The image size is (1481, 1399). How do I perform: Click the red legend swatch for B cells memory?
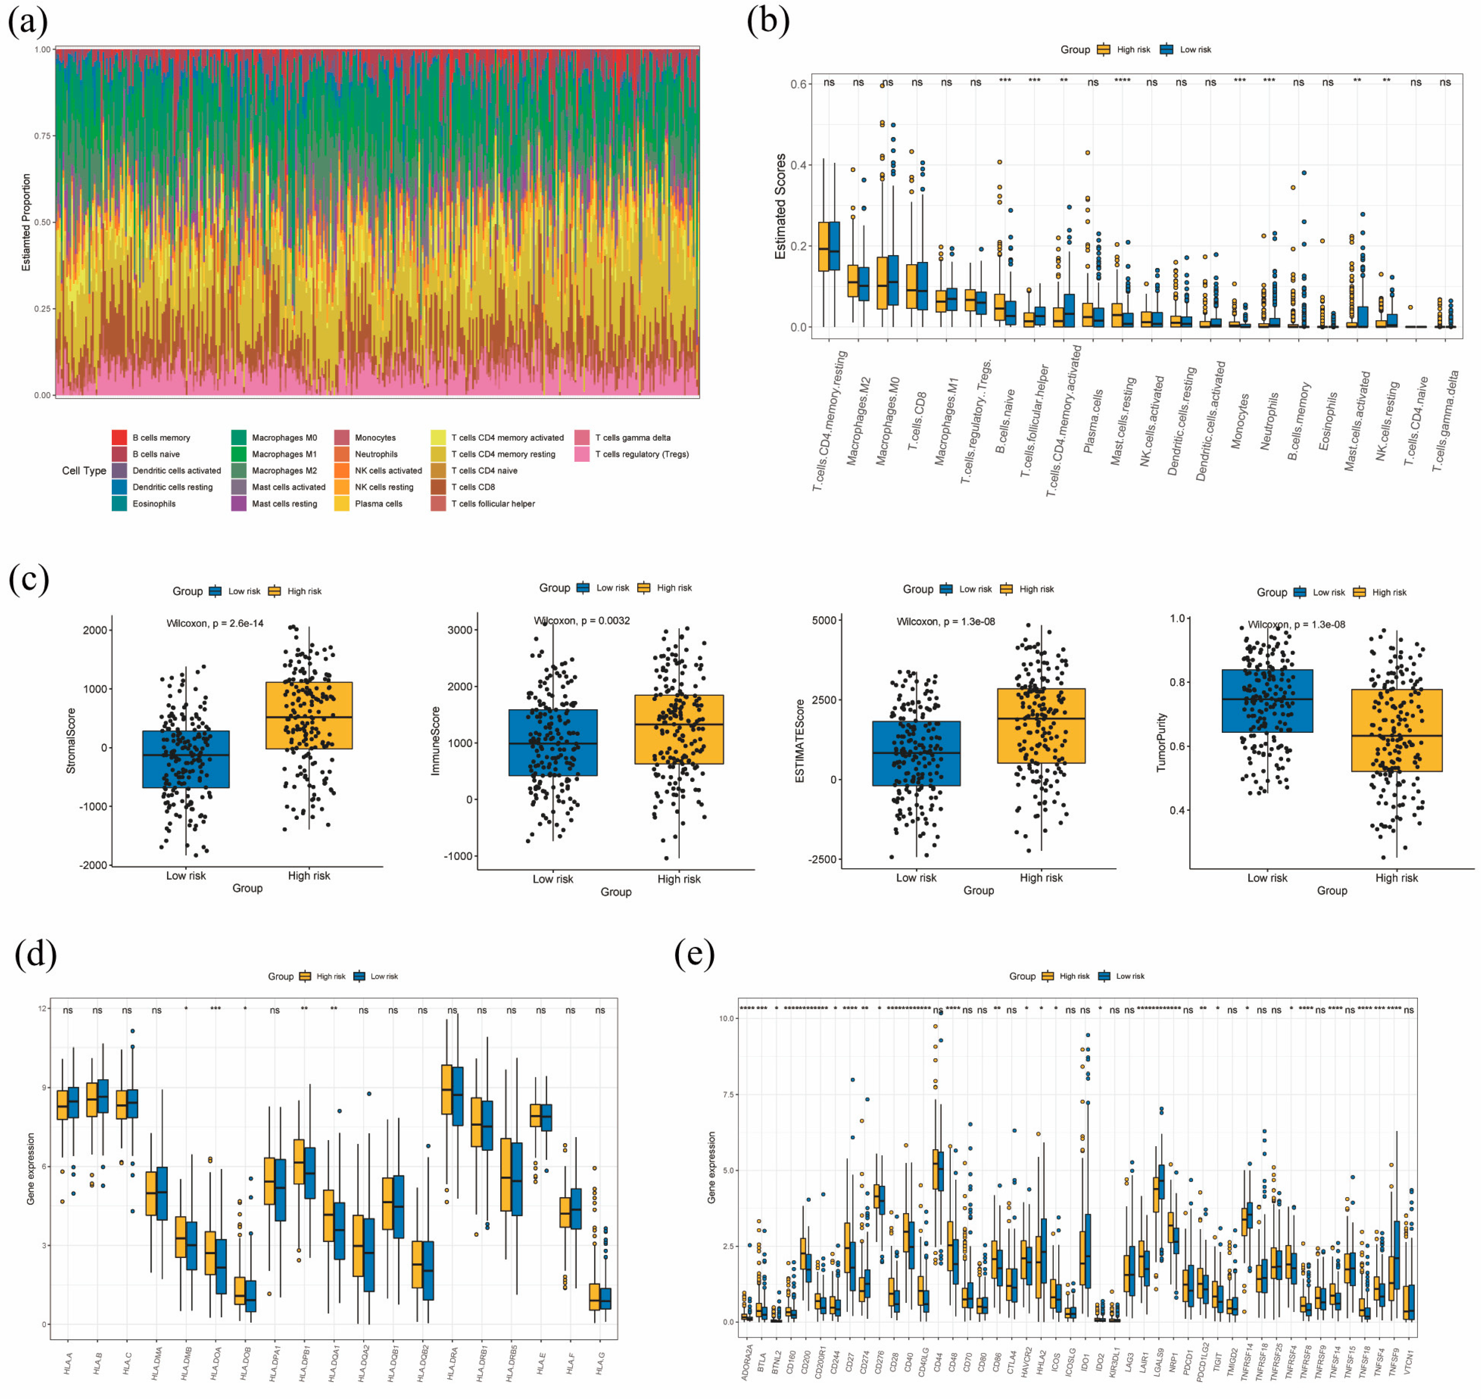click(x=119, y=437)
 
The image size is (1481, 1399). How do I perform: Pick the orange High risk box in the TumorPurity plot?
click(x=1396, y=730)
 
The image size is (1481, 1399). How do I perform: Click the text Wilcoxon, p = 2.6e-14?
click(x=215, y=624)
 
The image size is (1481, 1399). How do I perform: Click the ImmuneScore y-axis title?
click(x=436, y=741)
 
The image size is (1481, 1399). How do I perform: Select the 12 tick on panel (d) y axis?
click(x=43, y=1008)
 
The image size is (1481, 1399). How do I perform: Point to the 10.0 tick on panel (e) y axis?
click(x=725, y=1018)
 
